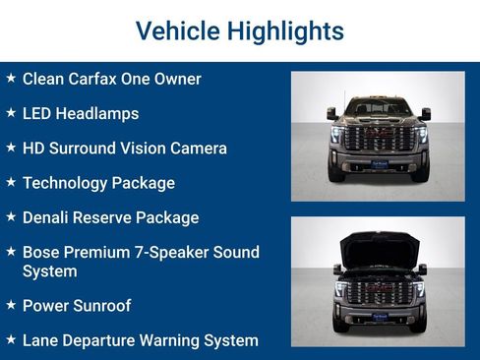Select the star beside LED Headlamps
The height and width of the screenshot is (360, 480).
tap(11, 112)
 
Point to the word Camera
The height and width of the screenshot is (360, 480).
tap(197, 149)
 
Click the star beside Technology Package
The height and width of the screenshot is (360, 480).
tap(11, 182)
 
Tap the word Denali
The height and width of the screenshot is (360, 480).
tap(47, 217)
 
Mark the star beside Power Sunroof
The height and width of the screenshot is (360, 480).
tap(11, 305)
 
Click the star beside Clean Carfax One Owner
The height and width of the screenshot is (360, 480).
tap(11, 78)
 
